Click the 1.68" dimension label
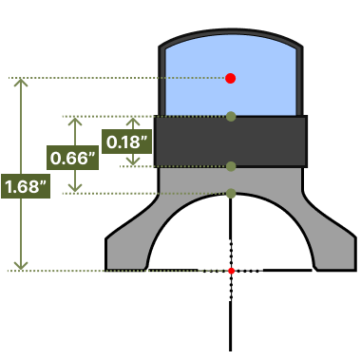point(26,186)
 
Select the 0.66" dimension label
point(72,158)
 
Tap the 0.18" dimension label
point(126,142)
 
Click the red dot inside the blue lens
point(231,78)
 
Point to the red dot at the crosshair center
point(231,271)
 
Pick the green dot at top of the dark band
point(231,117)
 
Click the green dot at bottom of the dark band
point(231,166)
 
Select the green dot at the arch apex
point(231,193)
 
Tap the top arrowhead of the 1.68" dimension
point(21,82)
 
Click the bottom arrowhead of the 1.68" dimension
point(21,267)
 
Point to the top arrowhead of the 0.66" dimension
point(75,121)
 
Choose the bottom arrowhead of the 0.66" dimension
point(75,189)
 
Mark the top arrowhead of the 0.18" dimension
point(133,121)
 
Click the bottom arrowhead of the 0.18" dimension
point(133,161)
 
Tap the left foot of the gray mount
point(126,254)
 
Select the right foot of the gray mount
point(335,254)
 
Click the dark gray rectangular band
point(231,142)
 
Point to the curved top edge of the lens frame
point(231,31)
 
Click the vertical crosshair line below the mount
point(231,326)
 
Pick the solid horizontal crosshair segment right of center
point(288,271)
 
